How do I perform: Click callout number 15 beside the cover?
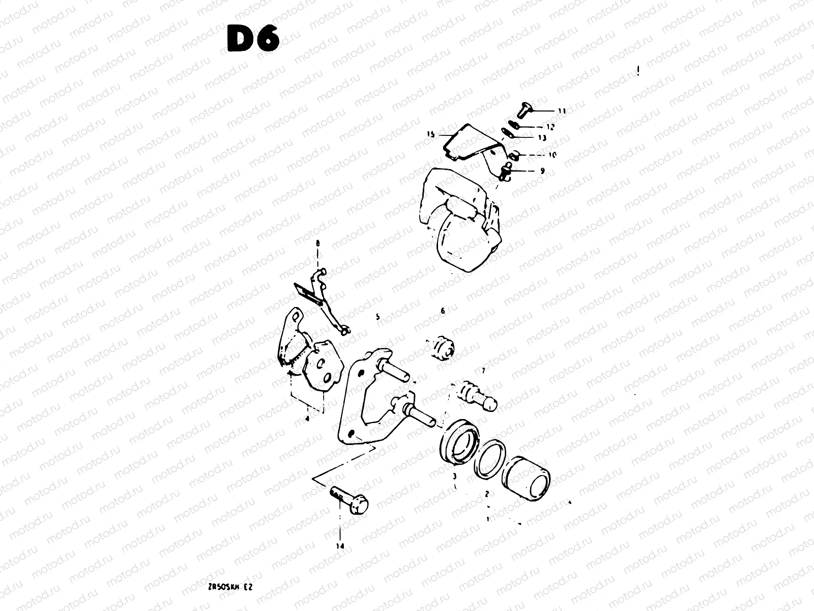click(430, 134)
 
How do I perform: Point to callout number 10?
click(553, 154)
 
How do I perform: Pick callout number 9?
click(542, 171)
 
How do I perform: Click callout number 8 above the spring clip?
click(318, 244)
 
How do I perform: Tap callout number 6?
click(443, 311)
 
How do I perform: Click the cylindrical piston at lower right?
click(526, 477)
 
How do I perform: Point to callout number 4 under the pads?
click(307, 419)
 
